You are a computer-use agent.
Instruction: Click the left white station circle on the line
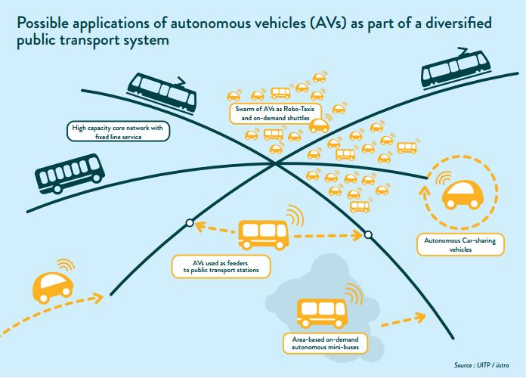(188, 223)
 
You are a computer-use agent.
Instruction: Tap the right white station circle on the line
(367, 235)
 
